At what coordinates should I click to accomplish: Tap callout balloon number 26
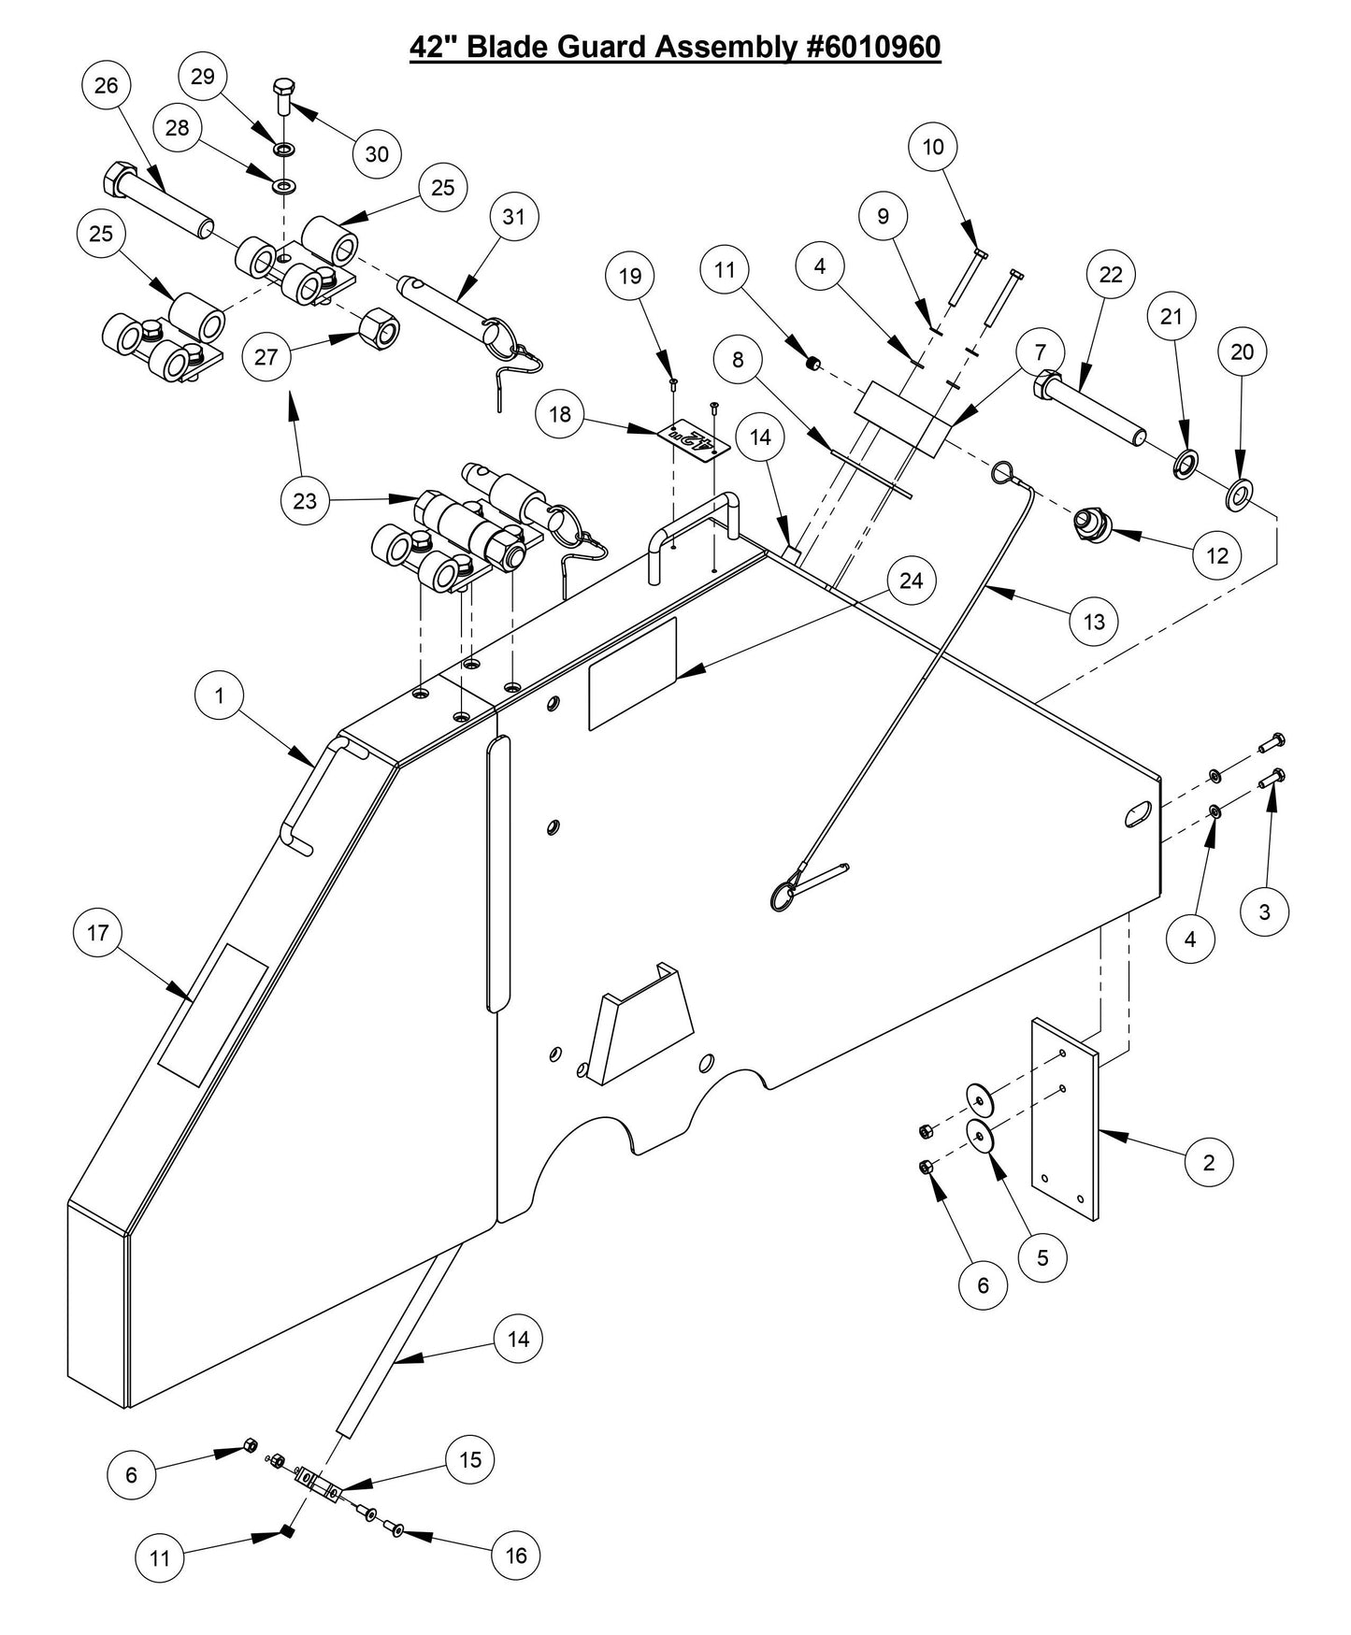point(107,85)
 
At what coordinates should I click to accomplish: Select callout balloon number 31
point(513,217)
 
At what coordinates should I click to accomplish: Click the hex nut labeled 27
point(379,325)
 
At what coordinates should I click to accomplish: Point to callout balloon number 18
point(559,414)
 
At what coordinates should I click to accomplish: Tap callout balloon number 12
point(1216,555)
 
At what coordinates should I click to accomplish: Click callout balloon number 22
point(1111,275)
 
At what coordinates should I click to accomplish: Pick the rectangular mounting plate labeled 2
point(1065,1119)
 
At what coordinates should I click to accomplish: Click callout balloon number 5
point(1042,1257)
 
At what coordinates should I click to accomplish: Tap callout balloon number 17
point(98,932)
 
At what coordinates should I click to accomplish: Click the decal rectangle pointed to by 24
point(632,673)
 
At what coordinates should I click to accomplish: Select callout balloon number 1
point(220,696)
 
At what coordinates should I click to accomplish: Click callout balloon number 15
point(469,1459)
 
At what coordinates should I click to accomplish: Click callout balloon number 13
point(1093,621)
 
